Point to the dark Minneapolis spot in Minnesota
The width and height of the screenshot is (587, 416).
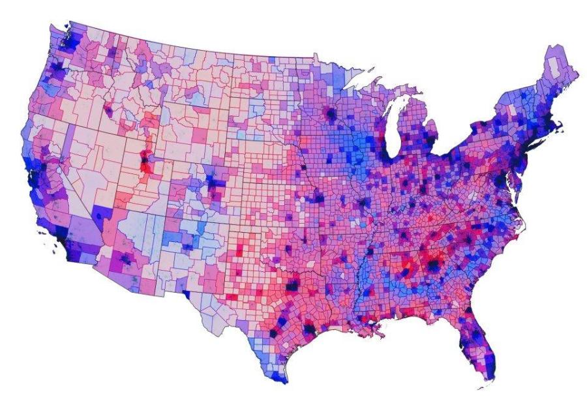[x=331, y=115]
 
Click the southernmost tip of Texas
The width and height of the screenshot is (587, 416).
[x=282, y=381]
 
